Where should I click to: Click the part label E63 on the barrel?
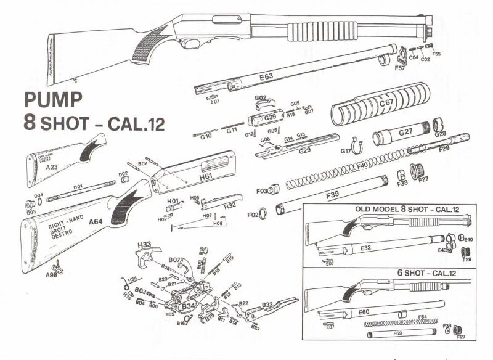tap(266, 77)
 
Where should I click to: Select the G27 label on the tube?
tap(405, 132)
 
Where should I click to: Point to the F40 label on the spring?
tap(362, 165)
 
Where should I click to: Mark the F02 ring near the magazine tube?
tap(262, 213)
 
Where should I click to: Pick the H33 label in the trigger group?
tap(144, 244)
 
